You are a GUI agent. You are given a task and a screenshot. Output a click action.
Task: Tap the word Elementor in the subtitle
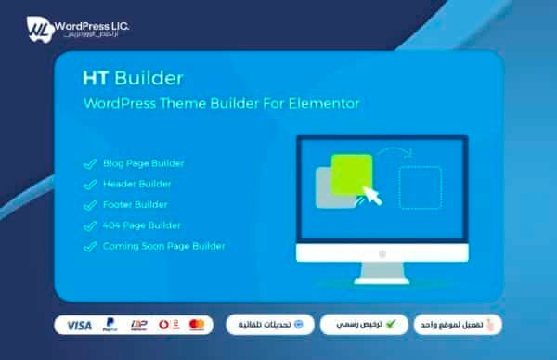coord(325,103)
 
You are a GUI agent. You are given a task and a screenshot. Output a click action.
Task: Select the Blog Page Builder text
coord(144,163)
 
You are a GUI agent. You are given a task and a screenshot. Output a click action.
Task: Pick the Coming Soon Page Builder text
coord(163,246)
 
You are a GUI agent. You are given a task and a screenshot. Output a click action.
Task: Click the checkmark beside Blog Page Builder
coord(90,164)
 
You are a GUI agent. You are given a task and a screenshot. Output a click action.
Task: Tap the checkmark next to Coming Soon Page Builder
coord(90,247)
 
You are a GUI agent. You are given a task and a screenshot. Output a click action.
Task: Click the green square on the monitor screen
coord(352,173)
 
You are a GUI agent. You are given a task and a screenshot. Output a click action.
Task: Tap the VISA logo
coord(79,326)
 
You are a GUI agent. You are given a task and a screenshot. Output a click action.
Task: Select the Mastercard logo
coord(197,326)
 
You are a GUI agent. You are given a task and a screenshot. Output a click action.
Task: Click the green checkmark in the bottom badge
coord(392,325)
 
